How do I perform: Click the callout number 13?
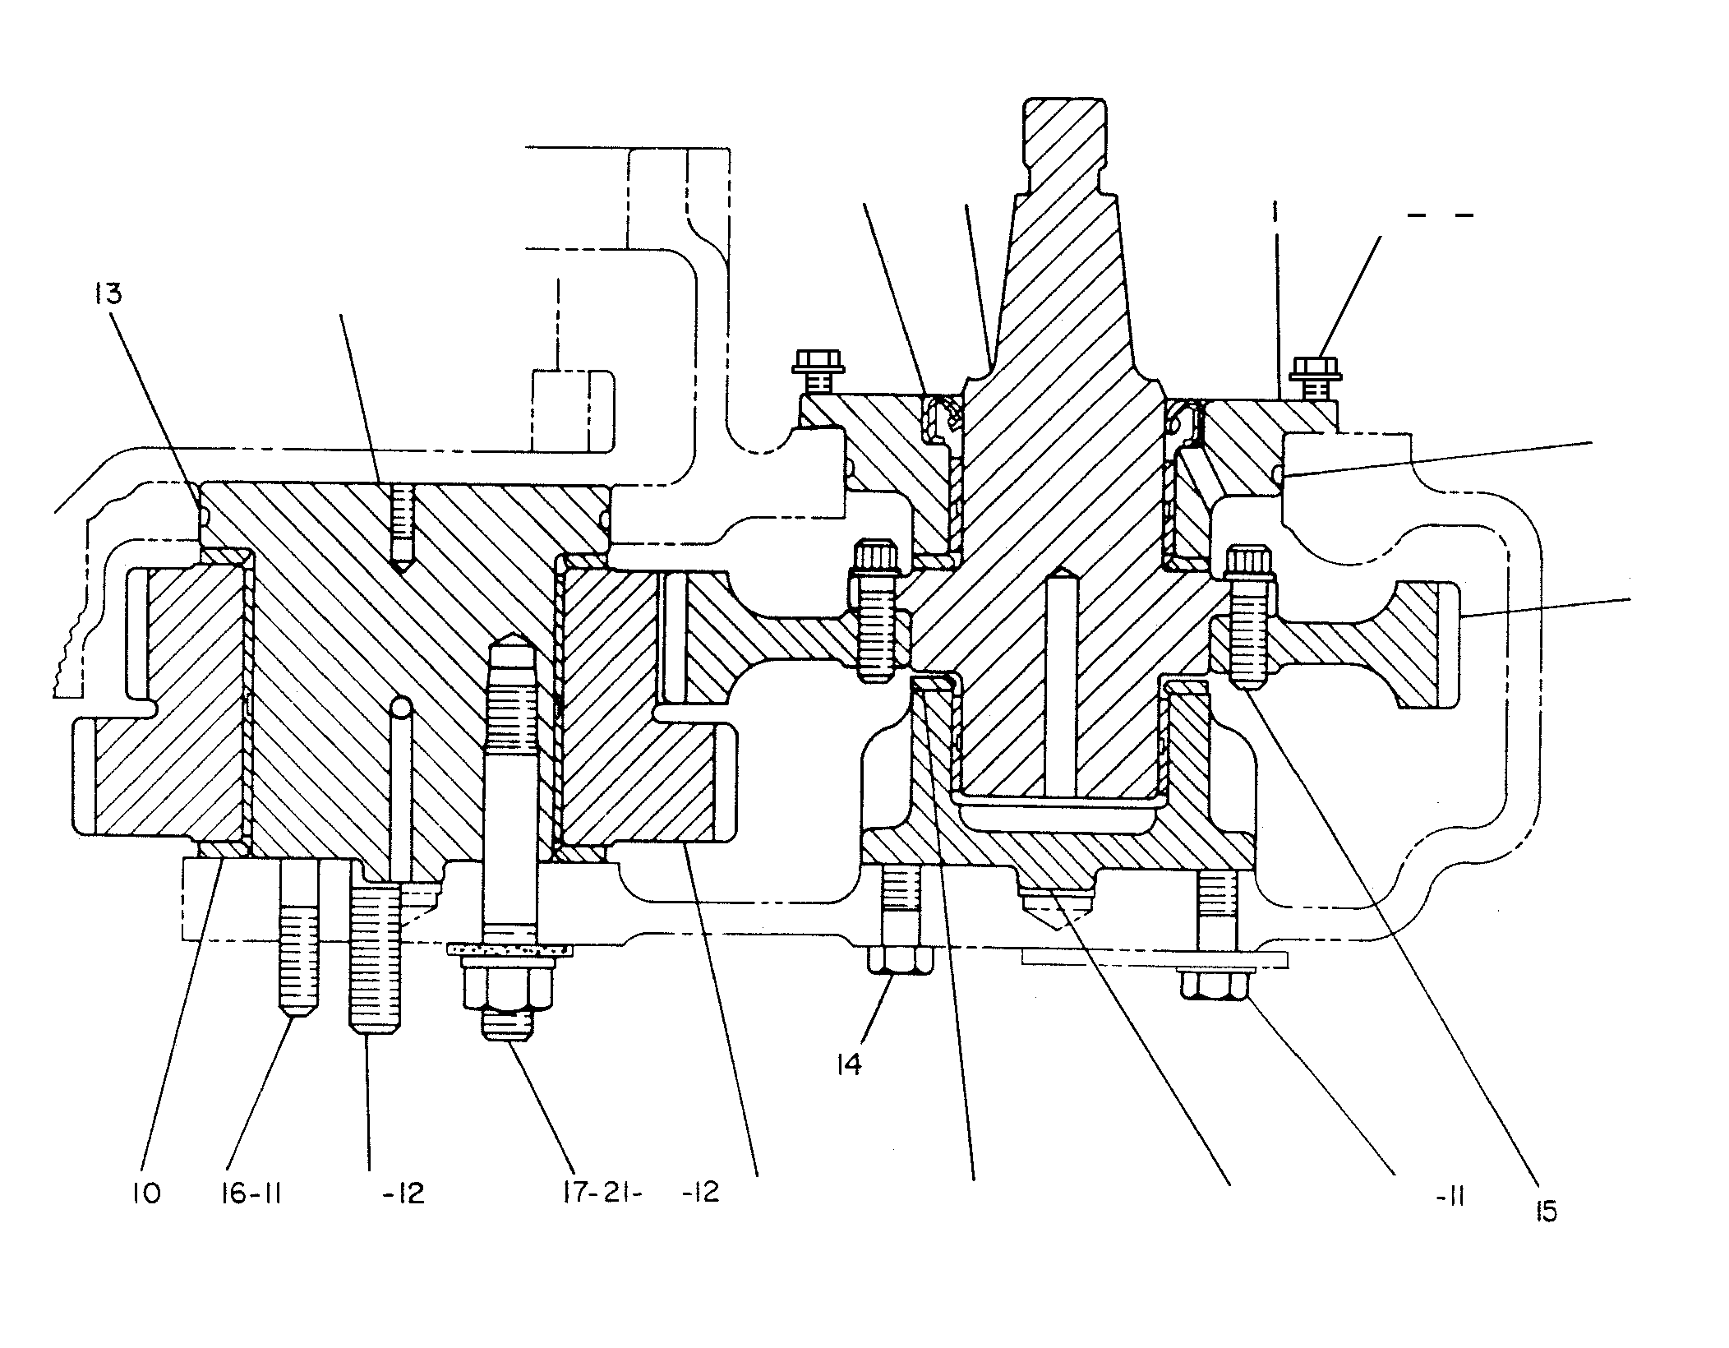click(108, 295)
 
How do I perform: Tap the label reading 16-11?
click(251, 1193)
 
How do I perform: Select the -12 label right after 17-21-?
click(700, 1192)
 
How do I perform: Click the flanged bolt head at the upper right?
click(1316, 368)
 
